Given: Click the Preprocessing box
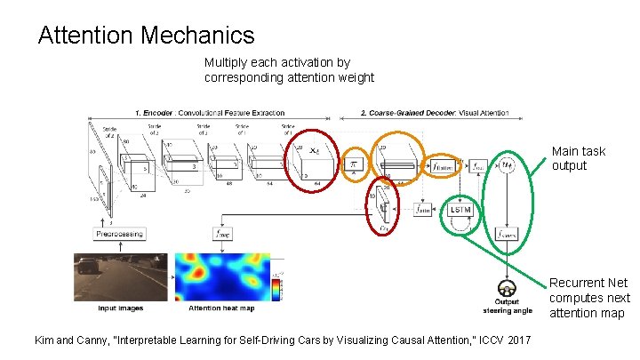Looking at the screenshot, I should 120,233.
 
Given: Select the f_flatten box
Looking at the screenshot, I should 441,166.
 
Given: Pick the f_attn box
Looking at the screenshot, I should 425,210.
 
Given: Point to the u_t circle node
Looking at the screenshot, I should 508,164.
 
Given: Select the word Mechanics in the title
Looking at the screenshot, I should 201,36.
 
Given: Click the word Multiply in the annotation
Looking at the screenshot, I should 228,63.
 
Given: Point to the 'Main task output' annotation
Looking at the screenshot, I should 579,158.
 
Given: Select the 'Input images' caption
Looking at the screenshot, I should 120,308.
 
